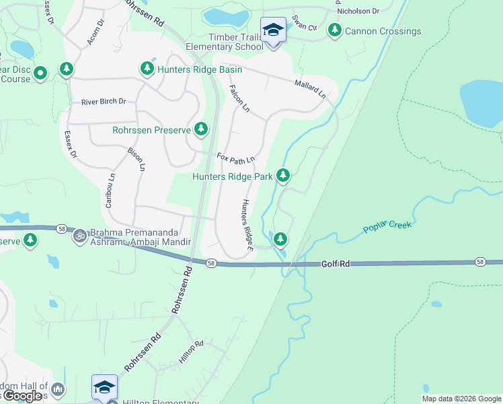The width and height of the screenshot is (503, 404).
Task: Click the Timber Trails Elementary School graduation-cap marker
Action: click(x=273, y=31)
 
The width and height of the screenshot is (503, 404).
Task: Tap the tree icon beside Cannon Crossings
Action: click(x=334, y=30)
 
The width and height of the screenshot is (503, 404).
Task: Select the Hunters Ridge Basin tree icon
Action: click(x=147, y=69)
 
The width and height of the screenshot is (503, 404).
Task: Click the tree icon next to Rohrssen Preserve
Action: click(x=200, y=129)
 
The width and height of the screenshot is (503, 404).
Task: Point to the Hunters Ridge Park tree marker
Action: click(x=283, y=176)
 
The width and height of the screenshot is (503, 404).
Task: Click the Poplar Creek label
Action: click(x=387, y=225)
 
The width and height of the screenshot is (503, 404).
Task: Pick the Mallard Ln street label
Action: click(x=310, y=88)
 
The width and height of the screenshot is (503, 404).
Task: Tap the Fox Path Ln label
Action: click(x=235, y=158)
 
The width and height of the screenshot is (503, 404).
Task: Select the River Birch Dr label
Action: click(x=104, y=102)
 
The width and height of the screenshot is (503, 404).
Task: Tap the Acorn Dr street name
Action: click(x=95, y=32)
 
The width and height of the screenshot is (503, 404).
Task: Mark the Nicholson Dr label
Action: click(x=358, y=11)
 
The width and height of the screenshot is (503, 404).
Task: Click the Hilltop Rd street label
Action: click(x=191, y=351)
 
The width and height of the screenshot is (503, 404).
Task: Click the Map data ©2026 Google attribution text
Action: click(x=461, y=399)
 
